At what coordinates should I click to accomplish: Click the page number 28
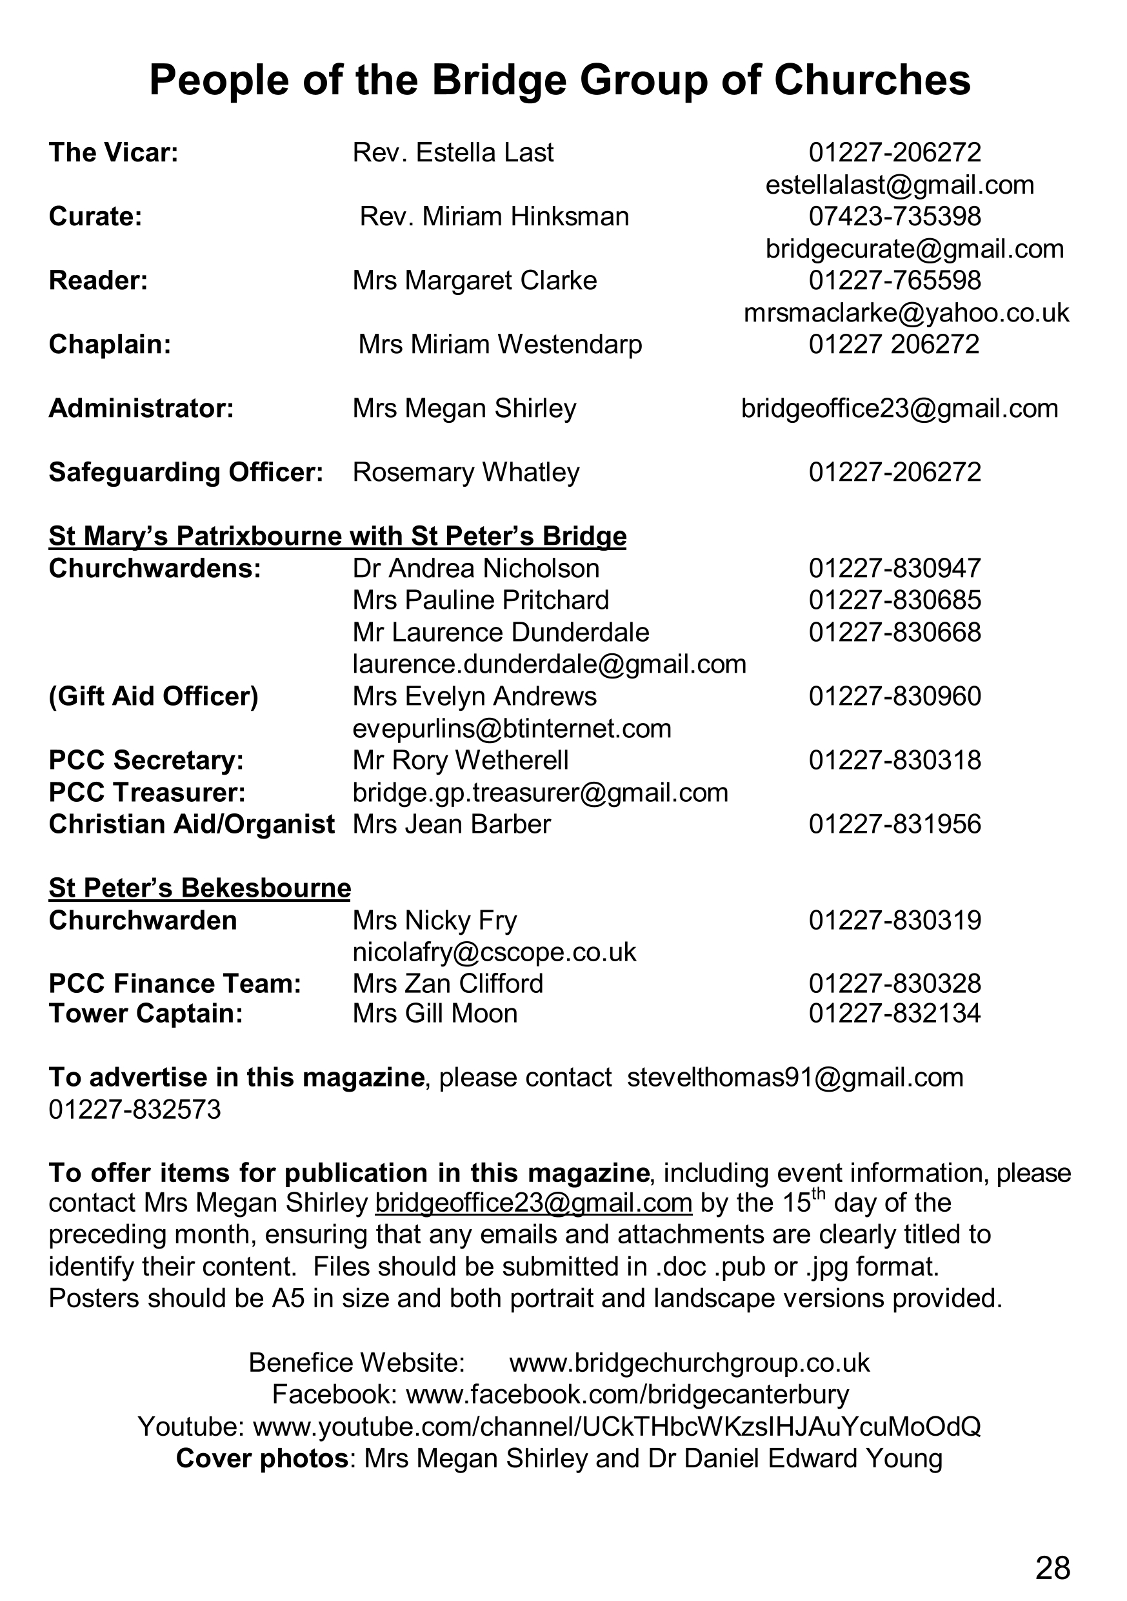1052,1568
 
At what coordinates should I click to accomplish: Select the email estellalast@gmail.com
899,185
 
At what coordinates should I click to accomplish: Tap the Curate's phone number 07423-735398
895,216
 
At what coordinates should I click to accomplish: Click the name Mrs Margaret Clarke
475,280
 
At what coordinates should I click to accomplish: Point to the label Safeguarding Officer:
186,472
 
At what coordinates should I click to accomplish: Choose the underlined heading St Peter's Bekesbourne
200,888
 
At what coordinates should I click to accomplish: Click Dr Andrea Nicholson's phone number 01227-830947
895,568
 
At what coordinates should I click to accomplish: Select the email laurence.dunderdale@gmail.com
549,664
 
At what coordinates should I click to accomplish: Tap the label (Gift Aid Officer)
154,696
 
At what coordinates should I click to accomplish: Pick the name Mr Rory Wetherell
461,759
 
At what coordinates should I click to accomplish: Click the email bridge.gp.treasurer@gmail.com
540,792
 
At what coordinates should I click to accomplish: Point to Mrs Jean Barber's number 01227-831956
895,824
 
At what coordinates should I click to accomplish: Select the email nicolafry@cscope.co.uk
494,952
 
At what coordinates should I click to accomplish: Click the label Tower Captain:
146,1013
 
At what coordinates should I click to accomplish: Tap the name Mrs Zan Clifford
448,983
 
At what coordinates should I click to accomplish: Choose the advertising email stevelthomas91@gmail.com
795,1077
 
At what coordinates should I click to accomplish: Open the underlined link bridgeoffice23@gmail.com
534,1203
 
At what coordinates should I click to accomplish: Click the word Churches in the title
872,80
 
